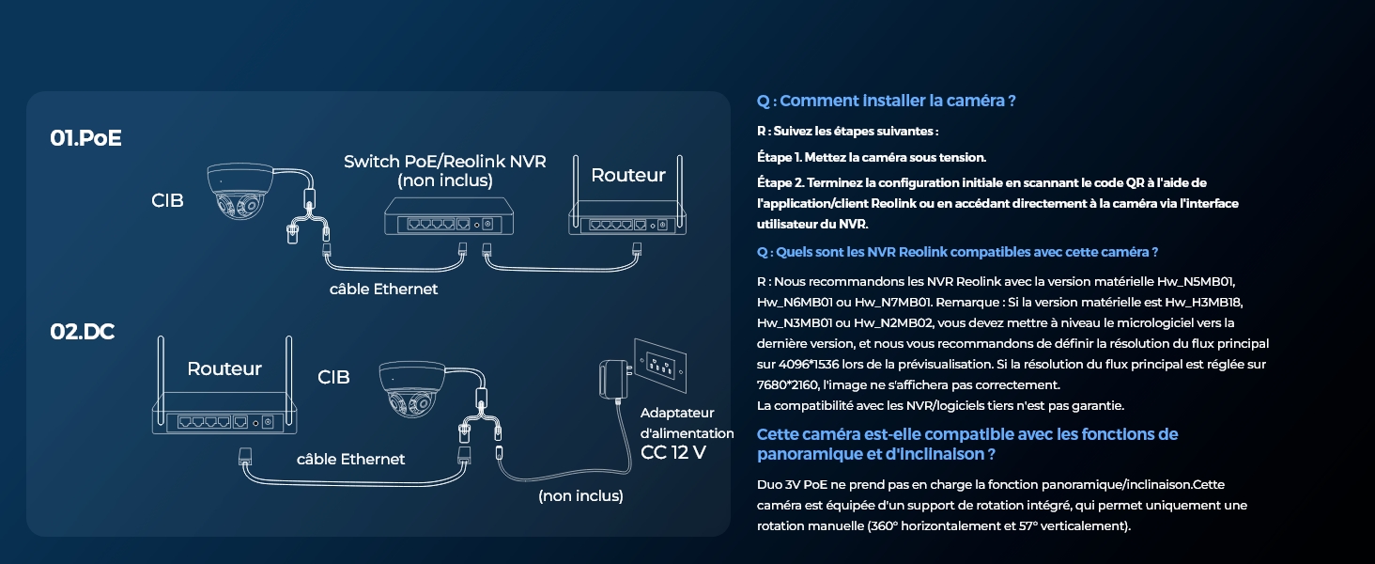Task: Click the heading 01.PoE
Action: pyautogui.click(x=85, y=138)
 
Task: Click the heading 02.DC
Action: pyautogui.click(x=82, y=332)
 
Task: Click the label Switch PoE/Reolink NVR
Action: pyautogui.click(x=444, y=162)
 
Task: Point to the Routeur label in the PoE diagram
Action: pyautogui.click(x=627, y=176)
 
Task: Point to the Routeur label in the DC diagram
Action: pyautogui.click(x=224, y=368)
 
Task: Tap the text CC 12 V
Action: pyautogui.click(x=672, y=453)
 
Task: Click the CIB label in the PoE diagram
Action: pyautogui.click(x=167, y=200)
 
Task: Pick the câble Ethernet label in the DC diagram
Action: pyautogui.click(x=350, y=460)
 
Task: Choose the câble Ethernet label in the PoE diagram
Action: pyautogui.click(x=383, y=290)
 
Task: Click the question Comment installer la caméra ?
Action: pyautogui.click(x=886, y=101)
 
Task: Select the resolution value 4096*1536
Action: pyautogui.click(x=811, y=364)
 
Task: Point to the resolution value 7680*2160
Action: pyautogui.click(x=787, y=384)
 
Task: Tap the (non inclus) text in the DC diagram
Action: pyautogui.click(x=580, y=495)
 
